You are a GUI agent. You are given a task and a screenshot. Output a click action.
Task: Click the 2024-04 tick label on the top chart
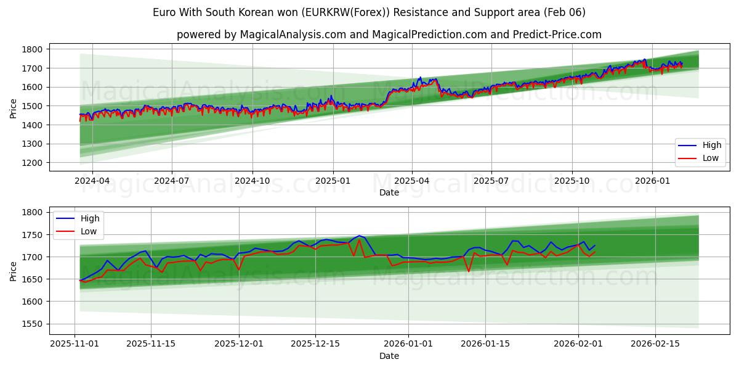pyautogui.click(x=92, y=181)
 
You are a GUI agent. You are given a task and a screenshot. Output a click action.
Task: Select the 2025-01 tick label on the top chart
pyautogui.click(x=333, y=181)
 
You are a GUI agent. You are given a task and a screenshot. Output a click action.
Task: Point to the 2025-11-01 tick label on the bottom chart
pyautogui.click(x=75, y=344)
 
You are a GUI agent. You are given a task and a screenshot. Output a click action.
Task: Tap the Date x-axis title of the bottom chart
pyautogui.click(x=389, y=356)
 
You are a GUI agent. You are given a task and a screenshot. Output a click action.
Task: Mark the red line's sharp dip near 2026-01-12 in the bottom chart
pyautogui.click(x=469, y=271)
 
